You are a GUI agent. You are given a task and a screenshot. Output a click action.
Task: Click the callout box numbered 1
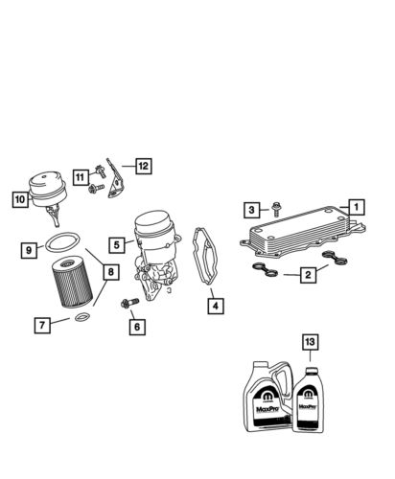pos(355,206)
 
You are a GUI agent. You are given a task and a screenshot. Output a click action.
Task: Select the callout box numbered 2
pos(308,275)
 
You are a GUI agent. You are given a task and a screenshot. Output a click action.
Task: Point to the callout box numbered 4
pos(215,307)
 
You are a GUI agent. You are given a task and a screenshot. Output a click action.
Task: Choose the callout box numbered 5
pos(115,245)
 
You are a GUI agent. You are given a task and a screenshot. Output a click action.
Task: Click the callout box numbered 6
pos(136,327)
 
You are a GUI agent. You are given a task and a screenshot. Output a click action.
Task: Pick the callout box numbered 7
pos(42,326)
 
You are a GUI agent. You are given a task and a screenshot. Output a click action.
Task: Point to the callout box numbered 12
pos(142,166)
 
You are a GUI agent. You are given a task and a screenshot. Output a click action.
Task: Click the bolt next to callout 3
pos(275,208)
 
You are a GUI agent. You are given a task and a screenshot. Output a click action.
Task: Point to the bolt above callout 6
pos(128,305)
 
